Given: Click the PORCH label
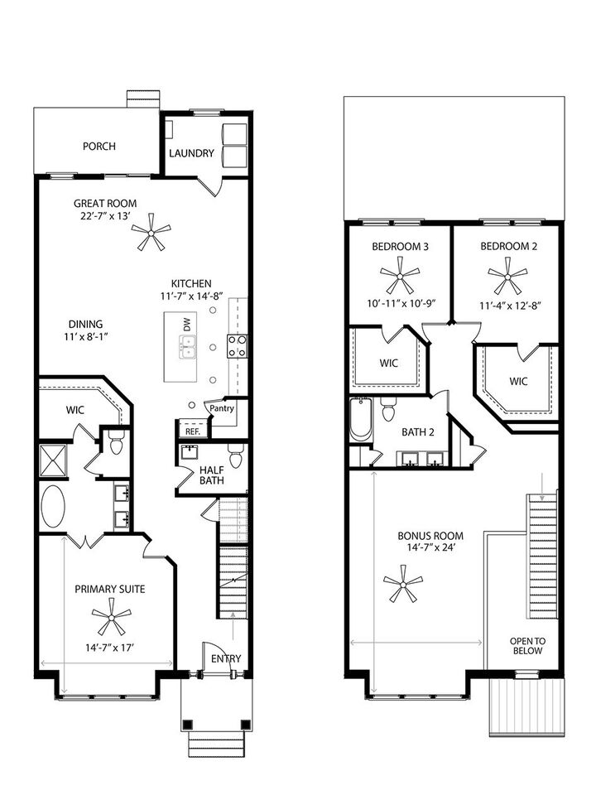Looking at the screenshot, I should (x=99, y=147).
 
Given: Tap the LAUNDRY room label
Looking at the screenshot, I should (x=192, y=153).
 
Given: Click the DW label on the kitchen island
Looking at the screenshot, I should (x=187, y=326).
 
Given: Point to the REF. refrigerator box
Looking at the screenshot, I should (x=193, y=431).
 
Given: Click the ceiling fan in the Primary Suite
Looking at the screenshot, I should (x=111, y=617).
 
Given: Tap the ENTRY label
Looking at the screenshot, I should (x=226, y=658).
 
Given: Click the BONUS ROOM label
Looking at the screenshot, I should (x=429, y=536).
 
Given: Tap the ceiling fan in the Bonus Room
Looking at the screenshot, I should (x=403, y=584).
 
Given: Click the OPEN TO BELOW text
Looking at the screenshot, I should (x=526, y=645).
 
